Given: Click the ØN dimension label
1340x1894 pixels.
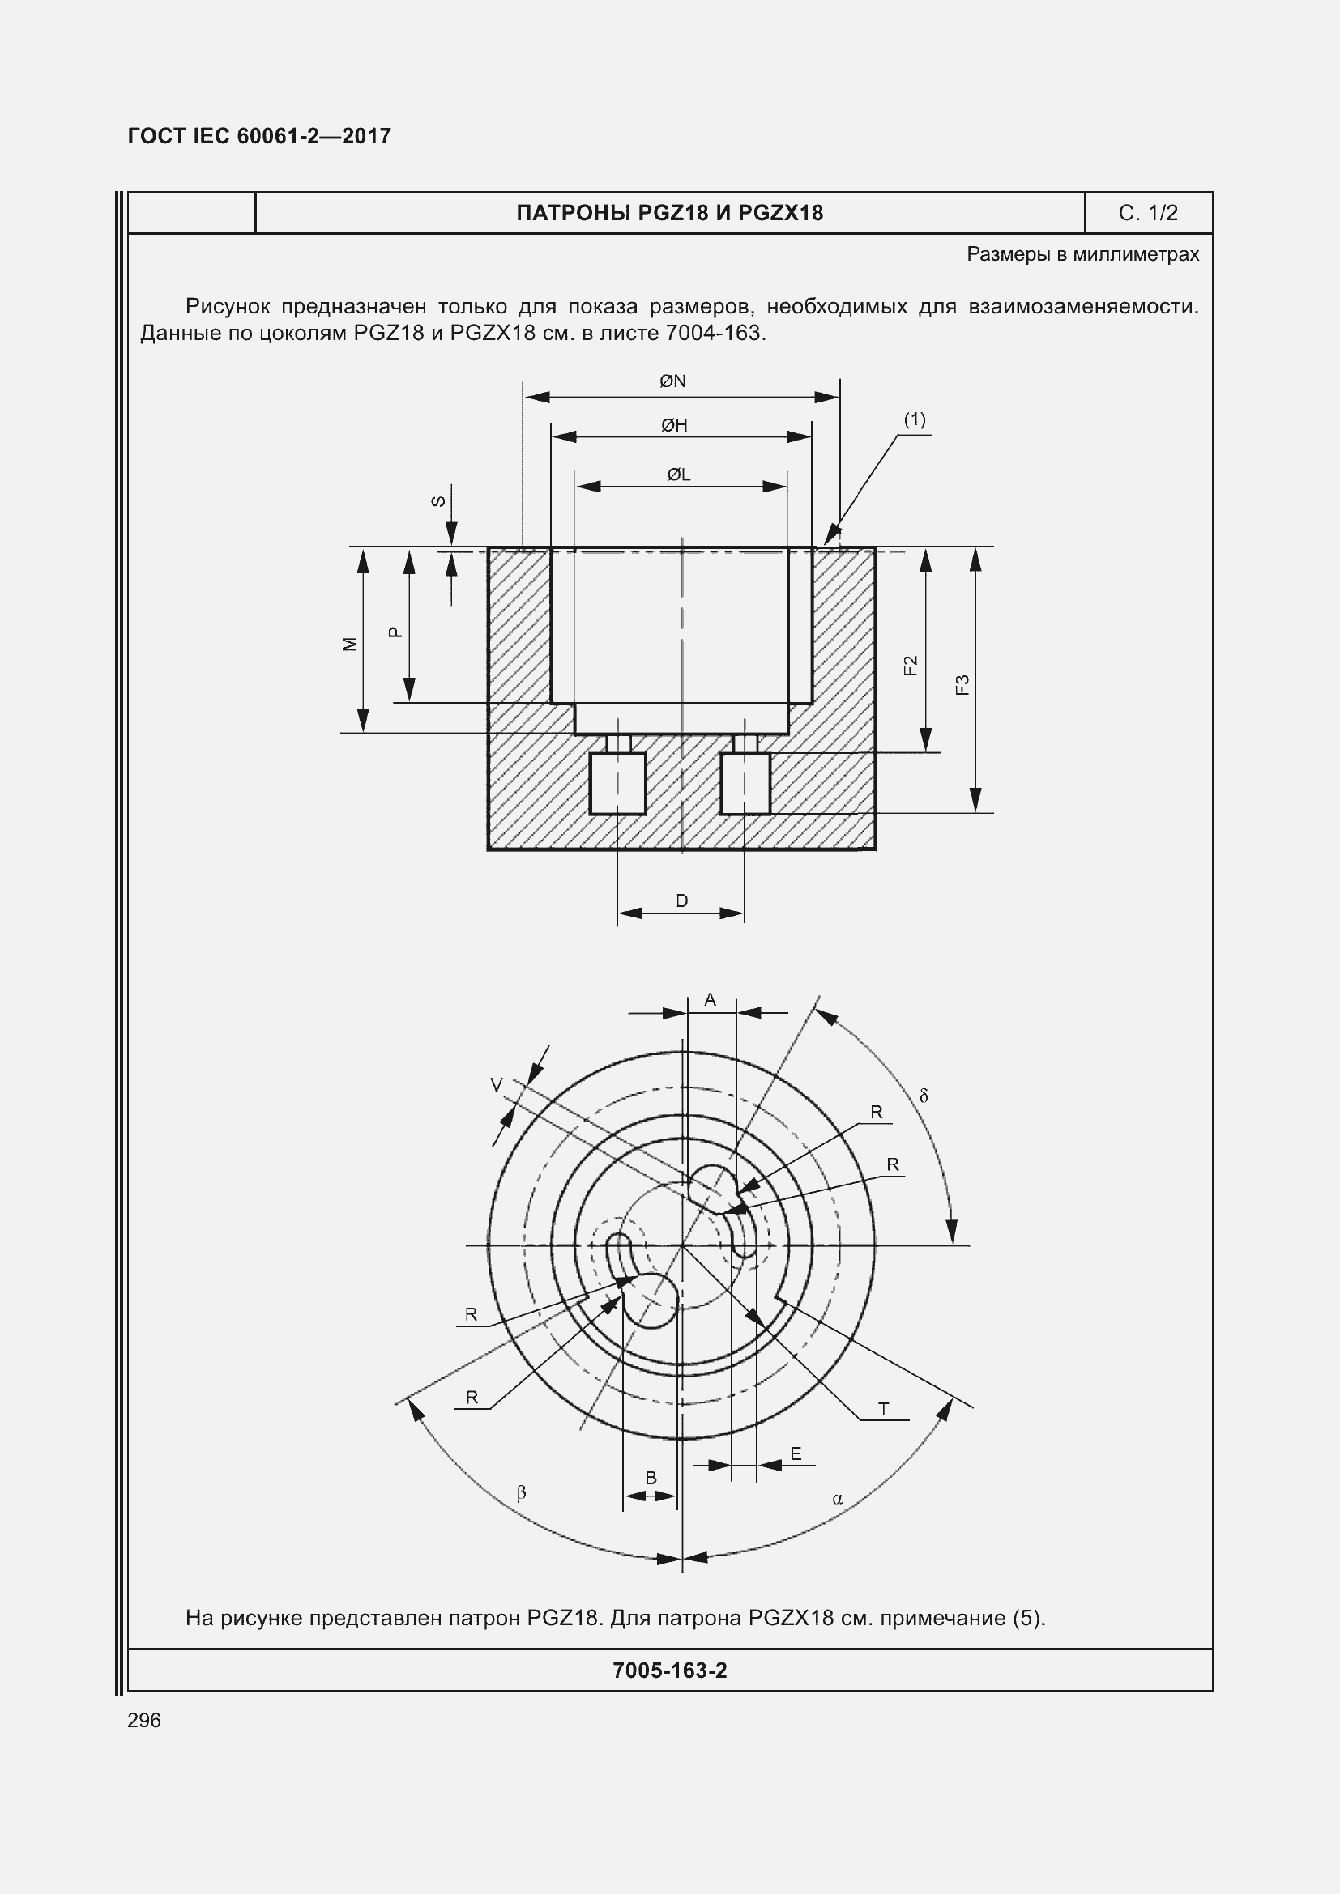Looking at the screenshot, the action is [672, 381].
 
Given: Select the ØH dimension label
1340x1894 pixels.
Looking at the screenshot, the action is [674, 426].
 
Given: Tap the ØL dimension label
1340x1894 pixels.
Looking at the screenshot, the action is [678, 475].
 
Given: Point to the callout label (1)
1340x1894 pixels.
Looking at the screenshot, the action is [914, 420].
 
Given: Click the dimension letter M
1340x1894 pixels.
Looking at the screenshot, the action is [350, 645].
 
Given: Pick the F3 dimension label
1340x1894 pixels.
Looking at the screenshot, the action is [962, 685].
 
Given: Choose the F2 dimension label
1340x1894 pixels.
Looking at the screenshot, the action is [911, 665].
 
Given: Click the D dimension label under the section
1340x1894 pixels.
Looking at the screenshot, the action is [681, 900].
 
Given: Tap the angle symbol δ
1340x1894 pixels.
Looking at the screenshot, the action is [924, 1096].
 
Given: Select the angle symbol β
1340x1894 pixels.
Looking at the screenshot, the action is [521, 1492].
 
